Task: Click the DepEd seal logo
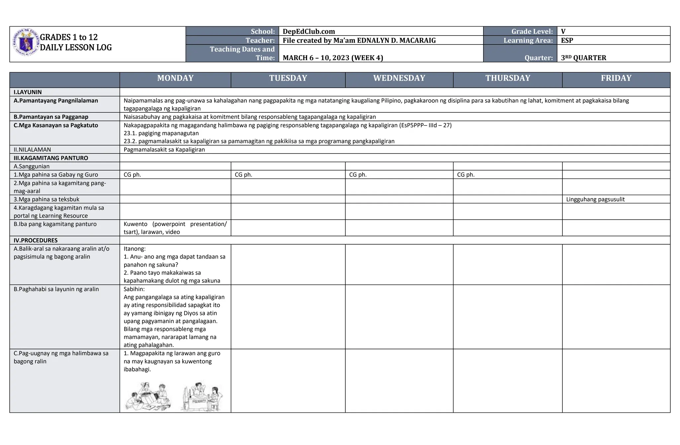point(26,42)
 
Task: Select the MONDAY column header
point(175,78)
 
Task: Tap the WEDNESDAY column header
point(399,78)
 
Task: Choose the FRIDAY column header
point(616,78)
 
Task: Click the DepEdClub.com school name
point(309,32)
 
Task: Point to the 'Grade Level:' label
point(532,32)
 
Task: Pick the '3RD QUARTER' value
point(583,58)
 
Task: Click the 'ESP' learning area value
point(567,41)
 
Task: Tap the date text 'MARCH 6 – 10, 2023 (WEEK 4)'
point(333,58)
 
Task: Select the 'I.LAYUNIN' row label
point(28,92)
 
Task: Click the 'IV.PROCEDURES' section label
point(36,240)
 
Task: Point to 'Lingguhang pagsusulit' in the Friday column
point(595,199)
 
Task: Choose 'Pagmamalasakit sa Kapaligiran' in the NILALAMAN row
point(164,150)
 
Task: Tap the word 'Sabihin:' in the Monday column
point(134,289)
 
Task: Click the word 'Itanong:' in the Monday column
point(134,249)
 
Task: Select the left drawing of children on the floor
point(148,396)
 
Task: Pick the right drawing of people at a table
point(202,396)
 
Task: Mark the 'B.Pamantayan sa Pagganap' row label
point(51,117)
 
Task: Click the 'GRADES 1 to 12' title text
point(69,37)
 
